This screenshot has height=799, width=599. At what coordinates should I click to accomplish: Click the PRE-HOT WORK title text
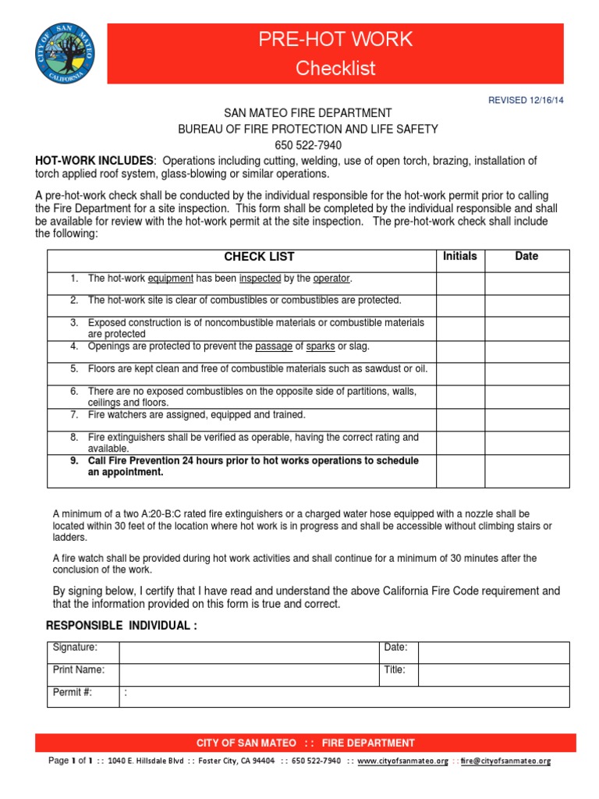point(335,40)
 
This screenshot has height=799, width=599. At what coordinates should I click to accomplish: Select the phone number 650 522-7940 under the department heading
point(308,145)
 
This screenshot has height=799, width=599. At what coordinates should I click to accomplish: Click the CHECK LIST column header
point(259,257)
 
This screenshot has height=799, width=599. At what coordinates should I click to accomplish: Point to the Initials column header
point(460,256)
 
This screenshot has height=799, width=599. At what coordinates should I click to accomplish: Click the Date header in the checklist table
point(526,256)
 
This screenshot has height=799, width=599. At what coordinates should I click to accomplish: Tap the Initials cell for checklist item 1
point(460,282)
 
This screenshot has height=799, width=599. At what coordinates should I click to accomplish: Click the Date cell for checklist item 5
point(526,374)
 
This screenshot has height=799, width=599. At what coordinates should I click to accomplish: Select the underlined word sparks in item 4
point(321,346)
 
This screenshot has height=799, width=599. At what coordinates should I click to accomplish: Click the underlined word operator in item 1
point(332,278)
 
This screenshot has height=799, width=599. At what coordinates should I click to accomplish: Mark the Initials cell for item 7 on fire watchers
point(460,420)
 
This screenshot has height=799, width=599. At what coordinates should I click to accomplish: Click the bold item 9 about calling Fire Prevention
point(253,466)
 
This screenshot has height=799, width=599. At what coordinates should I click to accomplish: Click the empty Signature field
point(248,652)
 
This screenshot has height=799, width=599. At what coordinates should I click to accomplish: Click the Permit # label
point(72,692)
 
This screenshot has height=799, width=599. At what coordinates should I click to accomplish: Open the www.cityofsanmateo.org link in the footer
point(402,761)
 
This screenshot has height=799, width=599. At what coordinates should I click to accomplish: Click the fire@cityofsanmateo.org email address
point(505,761)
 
